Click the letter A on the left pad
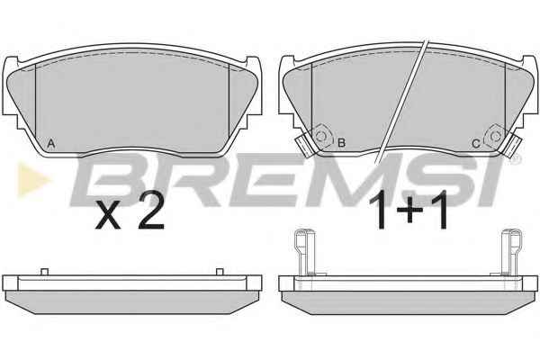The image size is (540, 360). (51, 143)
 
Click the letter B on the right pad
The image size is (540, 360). (342, 142)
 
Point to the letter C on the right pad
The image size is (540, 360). (476, 143)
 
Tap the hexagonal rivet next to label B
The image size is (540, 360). (321, 137)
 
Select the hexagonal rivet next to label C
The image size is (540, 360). (496, 137)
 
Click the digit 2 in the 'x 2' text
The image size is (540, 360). (151, 214)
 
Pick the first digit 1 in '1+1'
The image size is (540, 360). (379, 210)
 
